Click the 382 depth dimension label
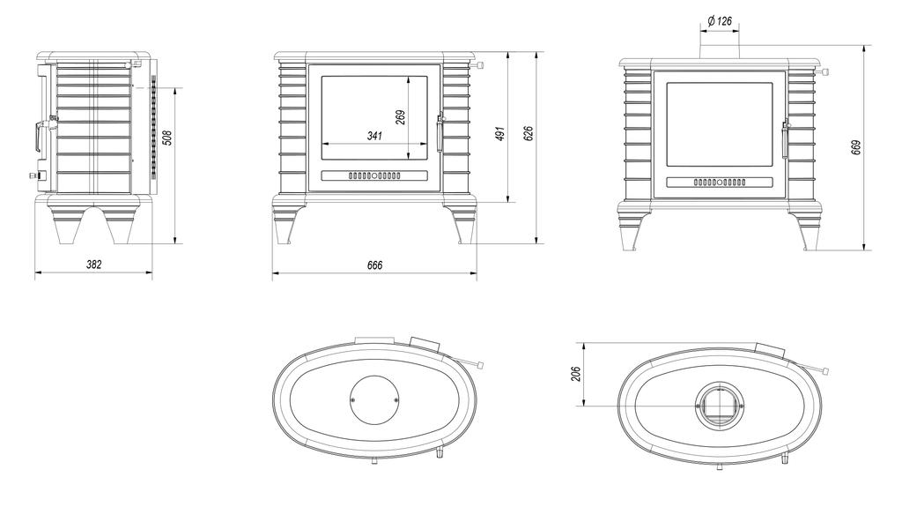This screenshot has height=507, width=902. click(93, 265)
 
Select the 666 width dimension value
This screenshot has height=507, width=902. click(374, 265)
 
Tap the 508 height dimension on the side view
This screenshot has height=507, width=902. click(166, 138)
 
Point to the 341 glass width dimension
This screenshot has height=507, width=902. click(374, 136)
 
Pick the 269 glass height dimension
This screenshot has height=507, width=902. click(401, 117)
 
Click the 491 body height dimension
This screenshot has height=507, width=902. click(500, 134)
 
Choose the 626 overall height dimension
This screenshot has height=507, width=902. click(529, 133)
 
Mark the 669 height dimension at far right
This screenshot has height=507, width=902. click(856, 147)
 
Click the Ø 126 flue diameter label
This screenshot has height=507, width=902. click(720, 21)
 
